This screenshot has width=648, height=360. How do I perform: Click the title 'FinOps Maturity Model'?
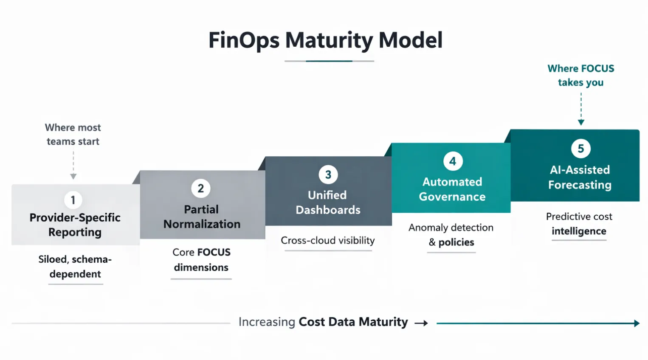[325, 40]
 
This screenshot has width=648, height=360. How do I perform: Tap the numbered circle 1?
[73, 200]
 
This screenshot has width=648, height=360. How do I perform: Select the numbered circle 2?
[201, 188]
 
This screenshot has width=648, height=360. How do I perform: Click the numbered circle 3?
[328, 174]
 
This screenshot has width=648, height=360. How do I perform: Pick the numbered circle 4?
[453, 161]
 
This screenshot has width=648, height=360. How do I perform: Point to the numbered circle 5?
[581, 149]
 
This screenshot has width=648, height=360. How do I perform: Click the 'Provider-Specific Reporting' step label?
[75, 225]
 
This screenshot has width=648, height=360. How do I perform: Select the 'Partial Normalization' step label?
[202, 217]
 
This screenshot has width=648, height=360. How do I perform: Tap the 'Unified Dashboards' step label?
[328, 202]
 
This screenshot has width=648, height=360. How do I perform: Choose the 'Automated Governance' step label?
[452, 189]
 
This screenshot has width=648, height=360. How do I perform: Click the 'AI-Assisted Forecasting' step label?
[580, 177]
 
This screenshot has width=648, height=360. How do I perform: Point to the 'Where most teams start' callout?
[73, 135]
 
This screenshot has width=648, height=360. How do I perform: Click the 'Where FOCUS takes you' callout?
[581, 76]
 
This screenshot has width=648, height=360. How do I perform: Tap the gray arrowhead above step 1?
[73, 176]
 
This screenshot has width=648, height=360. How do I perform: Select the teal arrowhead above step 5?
[581, 122]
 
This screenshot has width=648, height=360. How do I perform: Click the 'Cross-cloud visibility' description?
[328, 241]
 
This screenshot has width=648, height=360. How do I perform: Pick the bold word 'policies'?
[456, 242]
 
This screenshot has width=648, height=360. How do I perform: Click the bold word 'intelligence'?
[579, 231]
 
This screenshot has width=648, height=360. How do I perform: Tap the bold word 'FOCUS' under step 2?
[214, 253]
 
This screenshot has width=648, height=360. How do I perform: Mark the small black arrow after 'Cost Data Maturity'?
[421, 323]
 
